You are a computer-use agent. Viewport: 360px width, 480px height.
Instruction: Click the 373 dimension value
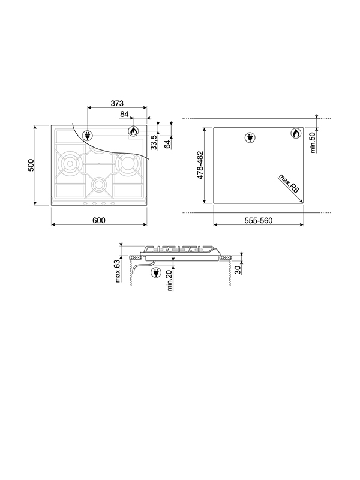(117, 103)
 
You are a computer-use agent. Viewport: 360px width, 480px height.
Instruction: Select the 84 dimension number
(125, 114)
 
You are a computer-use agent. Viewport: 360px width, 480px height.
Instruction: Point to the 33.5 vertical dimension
(154, 142)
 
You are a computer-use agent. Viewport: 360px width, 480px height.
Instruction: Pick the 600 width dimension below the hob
(99, 220)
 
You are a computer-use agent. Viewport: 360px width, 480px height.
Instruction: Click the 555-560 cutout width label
(259, 221)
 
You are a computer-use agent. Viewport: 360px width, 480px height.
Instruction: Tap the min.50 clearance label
(313, 144)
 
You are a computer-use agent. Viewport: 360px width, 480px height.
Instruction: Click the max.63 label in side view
(118, 270)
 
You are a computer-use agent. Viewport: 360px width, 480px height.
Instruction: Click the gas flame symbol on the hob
(133, 131)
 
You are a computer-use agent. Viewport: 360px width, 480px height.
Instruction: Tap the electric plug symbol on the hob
(88, 134)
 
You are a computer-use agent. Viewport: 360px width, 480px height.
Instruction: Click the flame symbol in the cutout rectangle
(295, 134)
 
